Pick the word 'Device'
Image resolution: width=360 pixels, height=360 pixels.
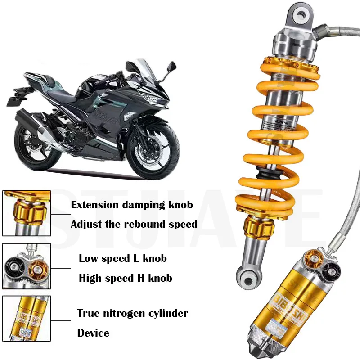click(93, 333)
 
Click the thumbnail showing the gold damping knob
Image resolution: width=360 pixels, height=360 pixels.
click(26, 213)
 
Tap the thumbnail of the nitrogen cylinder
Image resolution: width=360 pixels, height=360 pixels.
click(26, 319)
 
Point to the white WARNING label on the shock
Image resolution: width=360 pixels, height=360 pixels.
click(275, 123)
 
